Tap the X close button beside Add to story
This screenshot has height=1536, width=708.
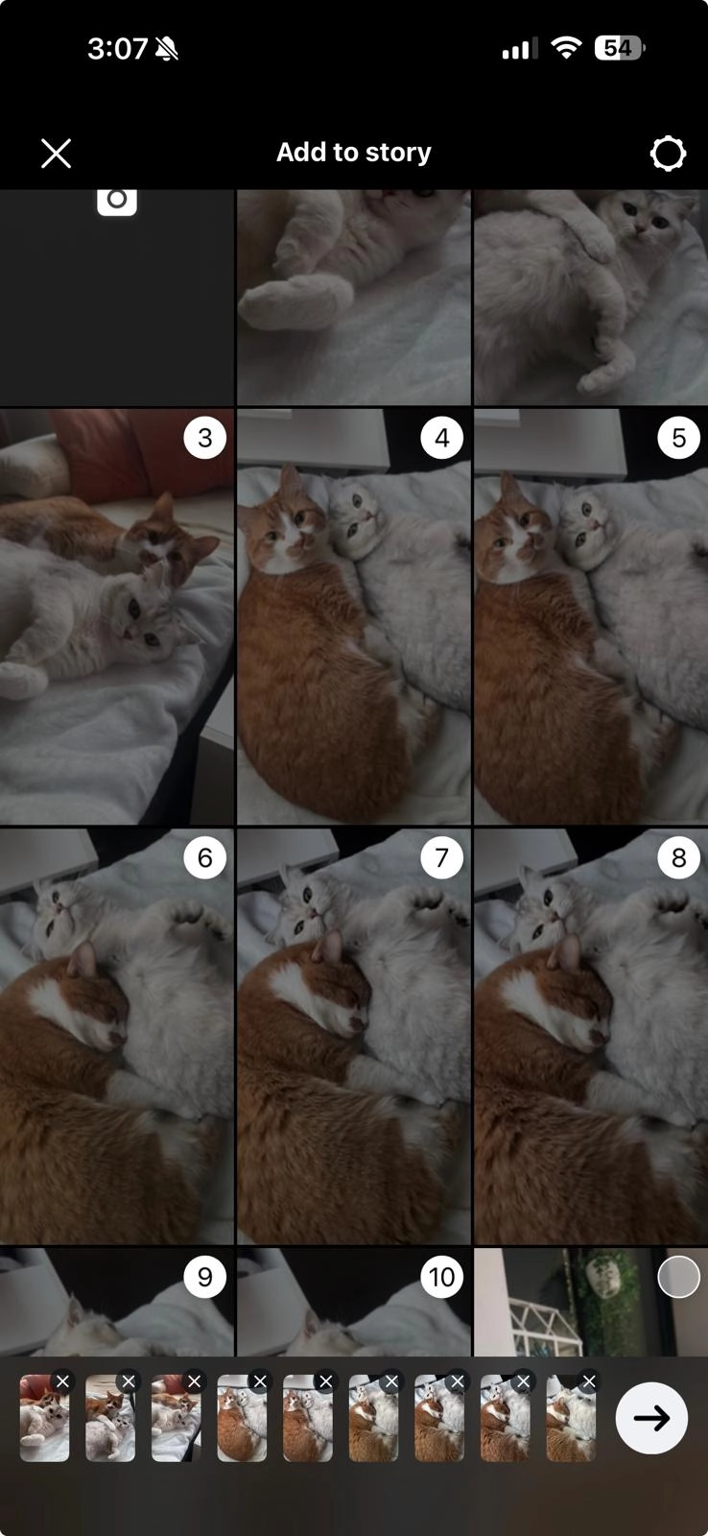57,154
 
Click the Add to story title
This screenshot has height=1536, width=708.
354,153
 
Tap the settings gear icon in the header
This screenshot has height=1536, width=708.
668,154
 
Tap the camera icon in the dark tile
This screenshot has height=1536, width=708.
117,199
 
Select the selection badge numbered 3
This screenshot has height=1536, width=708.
204,438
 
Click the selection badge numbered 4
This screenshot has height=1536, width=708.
441,438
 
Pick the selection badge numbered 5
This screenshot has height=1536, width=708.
678,438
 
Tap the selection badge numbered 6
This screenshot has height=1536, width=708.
204,857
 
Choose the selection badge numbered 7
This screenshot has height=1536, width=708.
441,857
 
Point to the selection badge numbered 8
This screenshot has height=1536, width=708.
678,857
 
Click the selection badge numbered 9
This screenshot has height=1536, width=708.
204,1277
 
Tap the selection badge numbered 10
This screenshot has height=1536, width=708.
441,1277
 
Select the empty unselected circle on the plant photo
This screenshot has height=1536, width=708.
678,1277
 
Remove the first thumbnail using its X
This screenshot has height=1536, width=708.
62,1381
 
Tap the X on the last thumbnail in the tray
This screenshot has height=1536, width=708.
589,1381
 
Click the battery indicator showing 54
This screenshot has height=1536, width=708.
620,48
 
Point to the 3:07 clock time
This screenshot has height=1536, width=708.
117,49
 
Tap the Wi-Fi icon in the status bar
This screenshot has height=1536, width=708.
567,48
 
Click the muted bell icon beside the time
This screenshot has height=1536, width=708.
167,49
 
